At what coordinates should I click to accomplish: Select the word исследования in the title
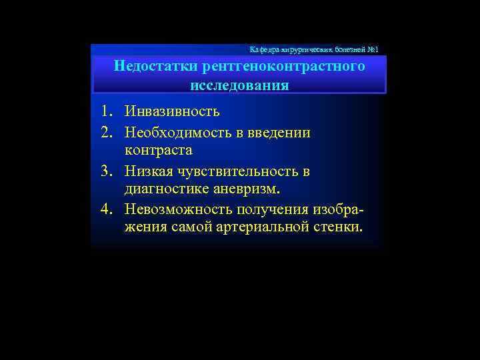pyautogui.click(x=239, y=86)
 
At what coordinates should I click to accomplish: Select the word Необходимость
pyautogui.click(x=174, y=132)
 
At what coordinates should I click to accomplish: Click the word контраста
pyautogui.click(x=159, y=151)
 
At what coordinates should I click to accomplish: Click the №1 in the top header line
pyautogui.click(x=372, y=50)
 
